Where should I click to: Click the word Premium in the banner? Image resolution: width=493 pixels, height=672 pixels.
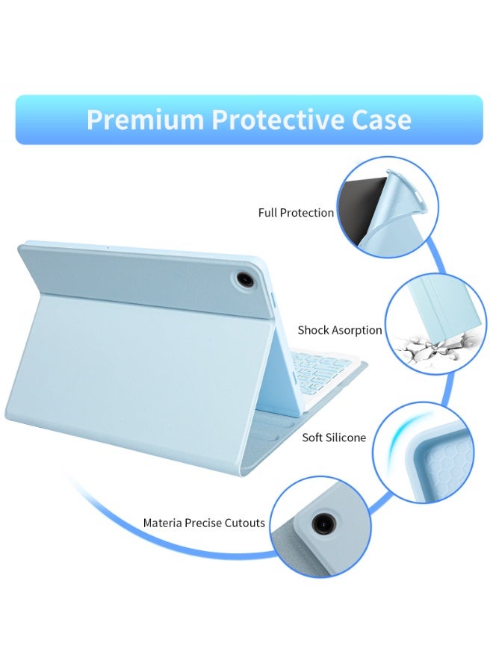[145, 119]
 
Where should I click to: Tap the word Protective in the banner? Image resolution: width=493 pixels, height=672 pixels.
[277, 119]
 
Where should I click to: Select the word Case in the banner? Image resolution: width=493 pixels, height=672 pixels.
[382, 119]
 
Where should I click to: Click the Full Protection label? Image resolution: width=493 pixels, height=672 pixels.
[296, 213]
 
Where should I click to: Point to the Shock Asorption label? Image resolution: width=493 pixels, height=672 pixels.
[340, 331]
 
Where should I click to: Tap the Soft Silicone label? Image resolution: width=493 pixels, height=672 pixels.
[334, 438]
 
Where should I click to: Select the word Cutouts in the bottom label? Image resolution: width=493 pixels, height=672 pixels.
[245, 523]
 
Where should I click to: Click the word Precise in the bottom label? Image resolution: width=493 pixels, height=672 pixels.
[203, 523]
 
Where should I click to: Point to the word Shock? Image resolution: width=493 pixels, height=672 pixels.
[313, 331]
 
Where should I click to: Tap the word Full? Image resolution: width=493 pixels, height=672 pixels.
[267, 213]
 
